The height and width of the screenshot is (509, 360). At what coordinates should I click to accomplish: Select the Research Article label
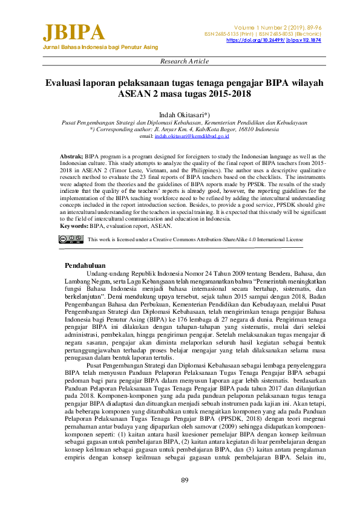point(185,61)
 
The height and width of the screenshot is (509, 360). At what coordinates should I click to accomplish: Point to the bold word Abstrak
point(71,156)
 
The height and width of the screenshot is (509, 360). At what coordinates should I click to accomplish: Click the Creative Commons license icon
point(71,239)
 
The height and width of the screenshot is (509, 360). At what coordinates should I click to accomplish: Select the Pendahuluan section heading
point(85,265)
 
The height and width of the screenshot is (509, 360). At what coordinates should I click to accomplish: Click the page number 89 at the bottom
point(185,480)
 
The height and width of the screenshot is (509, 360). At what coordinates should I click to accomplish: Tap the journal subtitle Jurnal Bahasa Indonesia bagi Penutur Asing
point(100,47)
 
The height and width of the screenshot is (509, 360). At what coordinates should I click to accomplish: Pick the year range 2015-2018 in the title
point(227,94)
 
